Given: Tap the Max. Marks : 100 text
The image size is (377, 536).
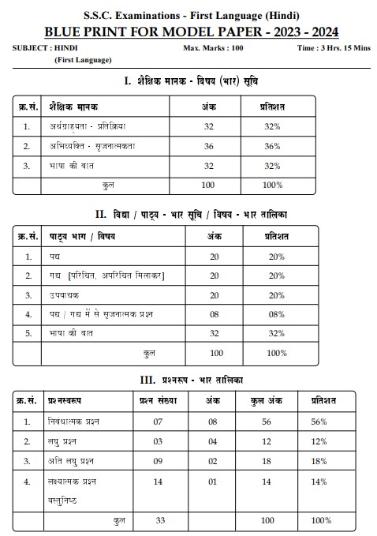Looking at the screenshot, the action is [x=212, y=48].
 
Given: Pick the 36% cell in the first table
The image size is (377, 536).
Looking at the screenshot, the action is [x=272, y=146].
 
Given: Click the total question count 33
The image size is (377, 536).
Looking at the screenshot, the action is [x=160, y=521].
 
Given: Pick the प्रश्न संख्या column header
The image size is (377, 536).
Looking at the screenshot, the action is [x=160, y=400].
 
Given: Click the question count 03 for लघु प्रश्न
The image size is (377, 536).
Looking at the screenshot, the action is [x=160, y=440].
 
